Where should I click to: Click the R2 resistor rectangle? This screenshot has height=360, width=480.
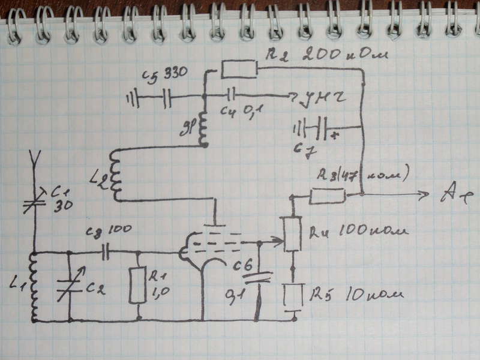(239, 69)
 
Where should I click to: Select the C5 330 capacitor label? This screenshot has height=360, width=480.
(165, 75)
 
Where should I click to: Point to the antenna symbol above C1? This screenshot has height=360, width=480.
(34, 161)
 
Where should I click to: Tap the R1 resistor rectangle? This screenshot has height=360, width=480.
(139, 286)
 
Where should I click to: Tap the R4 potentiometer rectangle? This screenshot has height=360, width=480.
(293, 235)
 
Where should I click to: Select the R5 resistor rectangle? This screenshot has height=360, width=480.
(293, 296)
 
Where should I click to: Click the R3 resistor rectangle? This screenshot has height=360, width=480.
(328, 195)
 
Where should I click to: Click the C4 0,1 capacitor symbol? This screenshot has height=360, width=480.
(231, 95)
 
